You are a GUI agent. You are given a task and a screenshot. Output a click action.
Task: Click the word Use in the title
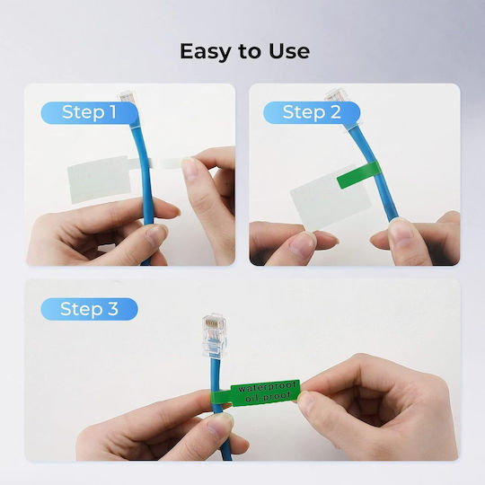(x=289, y=51)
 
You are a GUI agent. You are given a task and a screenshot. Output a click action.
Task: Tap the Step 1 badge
(x=90, y=112)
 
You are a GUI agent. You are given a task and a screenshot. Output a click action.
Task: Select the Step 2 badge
(x=312, y=112)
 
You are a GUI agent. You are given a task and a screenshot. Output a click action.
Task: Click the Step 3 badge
(x=90, y=309)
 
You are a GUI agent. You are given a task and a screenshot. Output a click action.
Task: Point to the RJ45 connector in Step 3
(x=214, y=336)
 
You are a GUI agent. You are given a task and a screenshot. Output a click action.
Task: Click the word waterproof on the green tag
(x=268, y=387)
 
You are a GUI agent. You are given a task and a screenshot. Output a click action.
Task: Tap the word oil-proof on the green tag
(x=268, y=396)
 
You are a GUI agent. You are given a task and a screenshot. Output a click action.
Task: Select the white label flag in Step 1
(x=101, y=179)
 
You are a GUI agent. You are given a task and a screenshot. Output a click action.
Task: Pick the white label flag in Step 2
(x=330, y=201)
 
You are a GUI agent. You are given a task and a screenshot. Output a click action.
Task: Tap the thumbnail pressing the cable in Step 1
(x=157, y=234)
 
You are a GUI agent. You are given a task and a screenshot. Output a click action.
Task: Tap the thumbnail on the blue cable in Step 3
(x=220, y=426)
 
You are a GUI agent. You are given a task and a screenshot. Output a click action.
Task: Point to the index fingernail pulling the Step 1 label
(x=190, y=170)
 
